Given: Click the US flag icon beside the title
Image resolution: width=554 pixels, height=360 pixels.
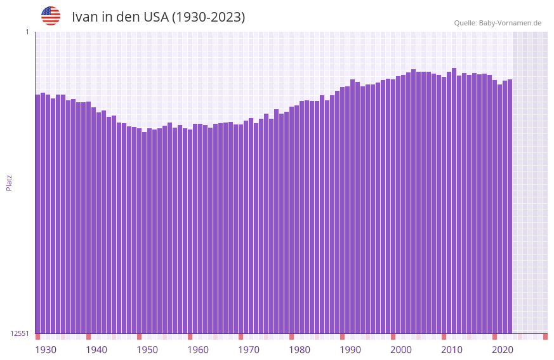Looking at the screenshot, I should click(51, 16).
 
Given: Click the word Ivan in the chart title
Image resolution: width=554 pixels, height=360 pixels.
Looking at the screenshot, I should click(85, 17).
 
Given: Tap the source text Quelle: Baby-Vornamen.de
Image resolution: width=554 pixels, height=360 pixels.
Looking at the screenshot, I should click(498, 23).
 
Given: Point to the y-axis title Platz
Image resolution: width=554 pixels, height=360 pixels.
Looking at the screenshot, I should click(9, 182).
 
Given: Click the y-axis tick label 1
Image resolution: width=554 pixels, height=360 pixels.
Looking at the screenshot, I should click(27, 32).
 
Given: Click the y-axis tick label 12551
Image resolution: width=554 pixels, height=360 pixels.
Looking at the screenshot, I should click(20, 333).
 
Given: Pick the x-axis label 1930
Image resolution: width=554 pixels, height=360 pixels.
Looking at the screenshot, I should click(46, 350).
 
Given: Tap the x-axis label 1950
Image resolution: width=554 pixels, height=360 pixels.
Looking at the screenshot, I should click(147, 350).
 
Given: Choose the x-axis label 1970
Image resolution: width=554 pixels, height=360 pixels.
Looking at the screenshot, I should click(249, 350).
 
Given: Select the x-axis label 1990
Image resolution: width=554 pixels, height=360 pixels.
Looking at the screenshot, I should click(350, 350).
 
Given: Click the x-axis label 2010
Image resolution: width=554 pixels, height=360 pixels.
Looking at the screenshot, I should click(452, 350).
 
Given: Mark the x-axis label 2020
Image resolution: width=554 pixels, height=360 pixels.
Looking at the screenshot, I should click(503, 350).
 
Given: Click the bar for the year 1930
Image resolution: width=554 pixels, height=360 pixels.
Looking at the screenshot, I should click(37, 216).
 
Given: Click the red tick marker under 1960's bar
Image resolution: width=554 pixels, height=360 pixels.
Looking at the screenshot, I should click(190, 337).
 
